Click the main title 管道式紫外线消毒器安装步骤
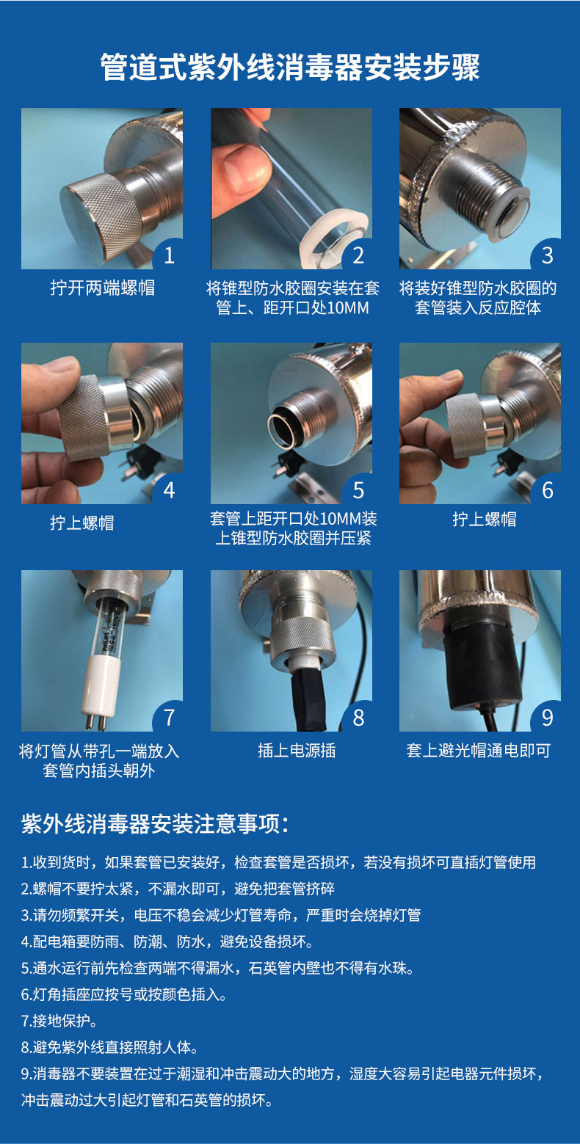coord(290,68)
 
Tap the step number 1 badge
coord(170,255)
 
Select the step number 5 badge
coord(358,489)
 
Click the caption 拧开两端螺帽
coord(102,288)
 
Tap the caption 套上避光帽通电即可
coord(478,751)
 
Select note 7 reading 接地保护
coord(59,1021)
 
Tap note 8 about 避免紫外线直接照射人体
coord(109,1047)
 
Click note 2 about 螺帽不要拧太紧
coord(178,889)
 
